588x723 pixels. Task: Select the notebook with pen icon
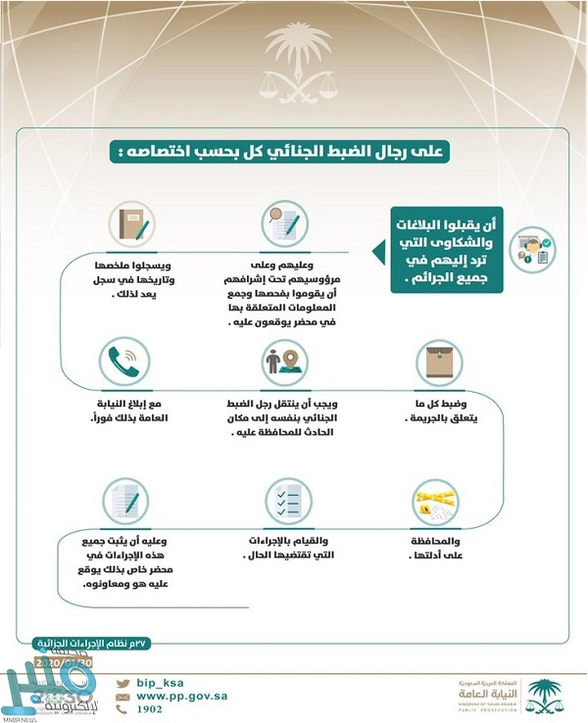coord(129,223)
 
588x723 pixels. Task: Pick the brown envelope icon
coord(434,363)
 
